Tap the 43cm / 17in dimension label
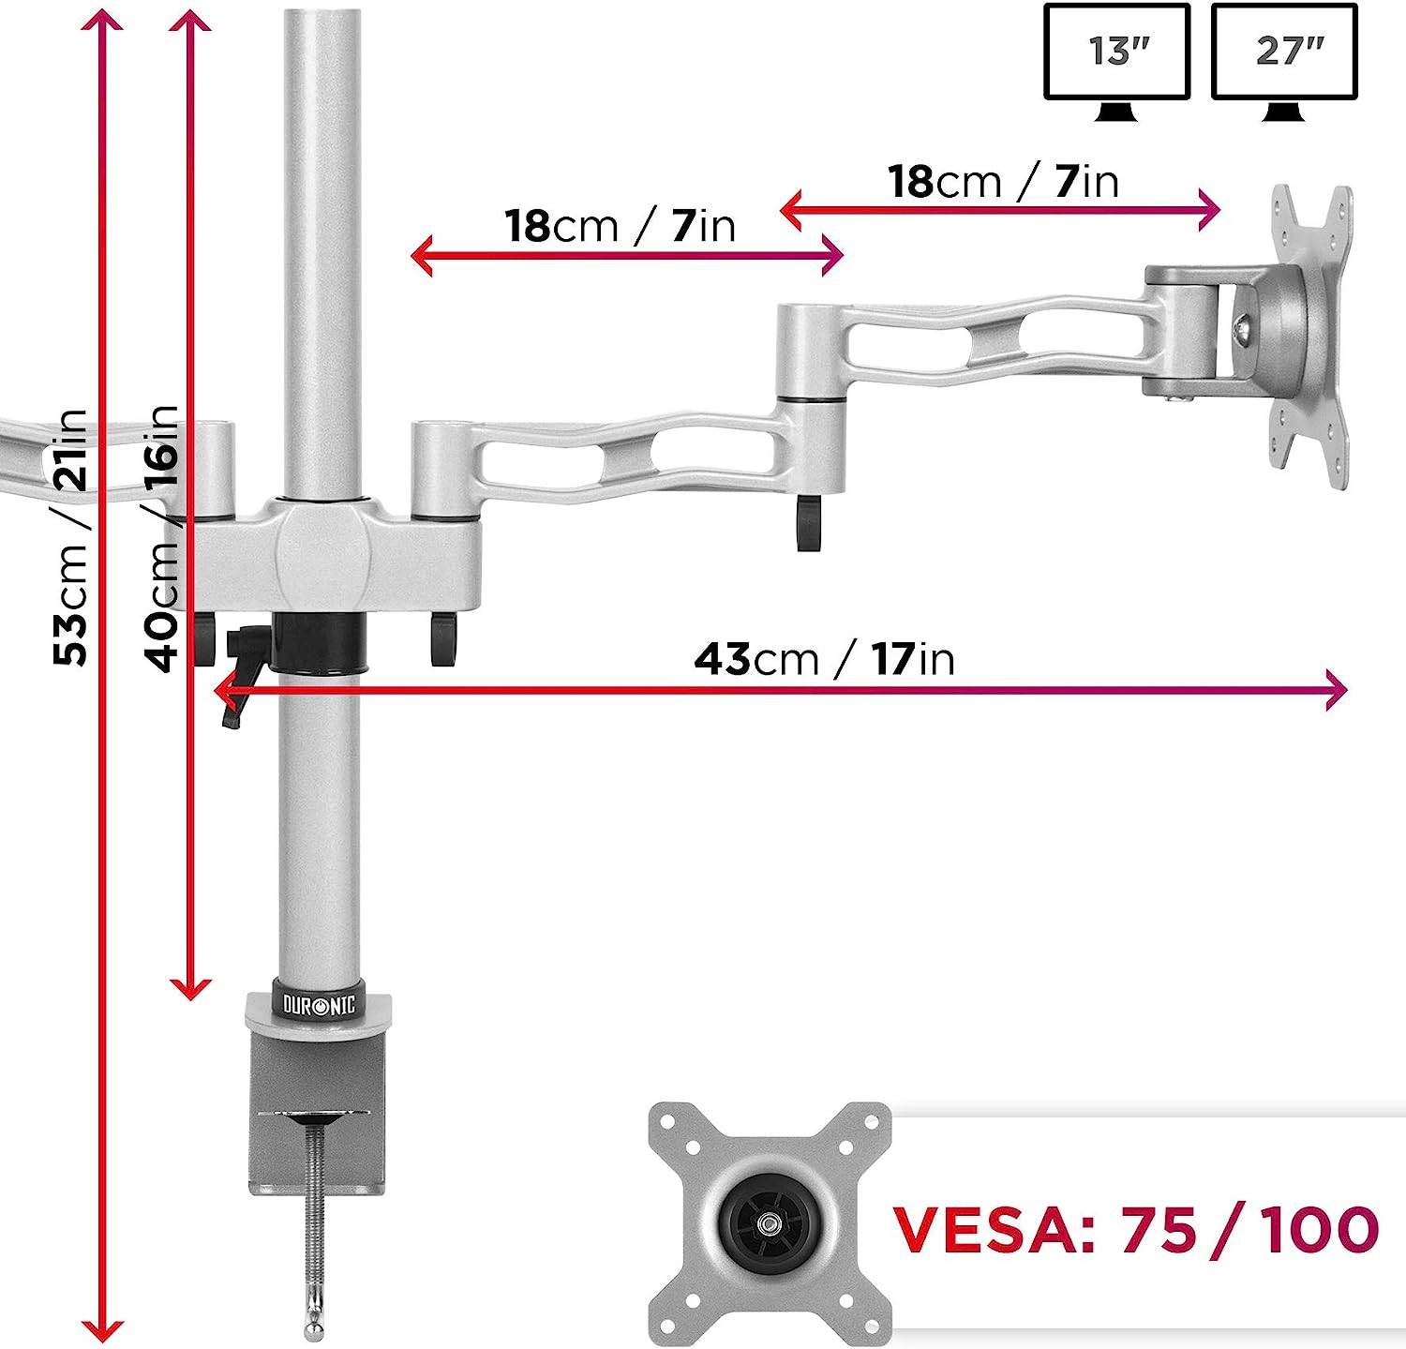click(x=824, y=659)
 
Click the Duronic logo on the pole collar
click(x=320, y=1005)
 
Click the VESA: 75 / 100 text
click(x=1135, y=1229)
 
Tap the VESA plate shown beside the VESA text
click(x=770, y=1223)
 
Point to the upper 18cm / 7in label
click(x=1004, y=182)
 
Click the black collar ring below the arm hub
click(x=320, y=643)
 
